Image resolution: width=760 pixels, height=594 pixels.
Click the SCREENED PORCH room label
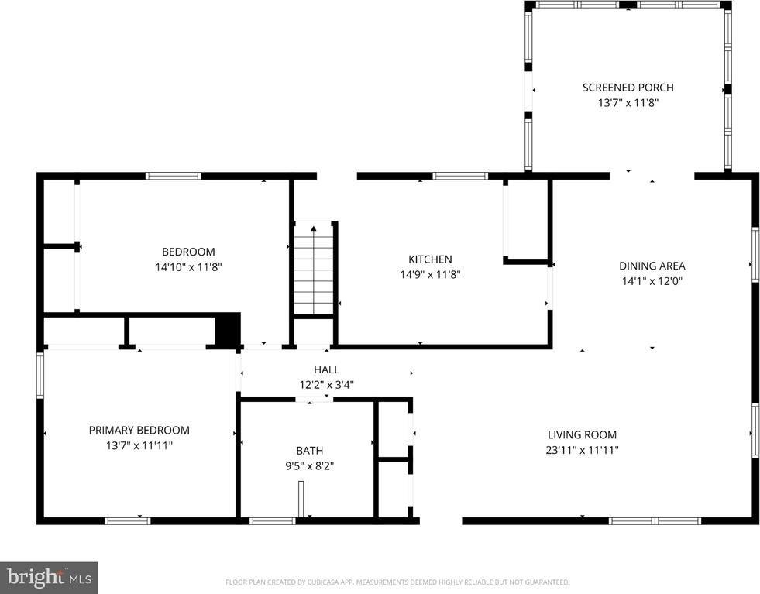[628, 88]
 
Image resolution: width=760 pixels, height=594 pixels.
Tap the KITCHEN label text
[430, 259]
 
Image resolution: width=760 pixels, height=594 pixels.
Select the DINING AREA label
[652, 266]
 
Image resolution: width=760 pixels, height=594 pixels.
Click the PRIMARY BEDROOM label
[139, 431]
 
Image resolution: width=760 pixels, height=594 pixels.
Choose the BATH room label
[309, 451]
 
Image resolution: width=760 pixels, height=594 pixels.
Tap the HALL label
[326, 369]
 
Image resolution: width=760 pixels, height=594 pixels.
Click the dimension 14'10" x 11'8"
[188, 267]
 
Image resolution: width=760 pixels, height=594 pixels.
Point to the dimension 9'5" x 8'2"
[309, 465]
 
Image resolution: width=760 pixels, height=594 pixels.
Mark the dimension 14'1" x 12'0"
[652, 281]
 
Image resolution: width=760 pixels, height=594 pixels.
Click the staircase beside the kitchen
[313, 267]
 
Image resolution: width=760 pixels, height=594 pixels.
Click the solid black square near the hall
[228, 328]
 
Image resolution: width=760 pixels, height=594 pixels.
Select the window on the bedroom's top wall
[174, 176]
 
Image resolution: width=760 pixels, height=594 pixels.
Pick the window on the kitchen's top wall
[460, 176]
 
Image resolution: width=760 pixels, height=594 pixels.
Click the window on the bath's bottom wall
[273, 520]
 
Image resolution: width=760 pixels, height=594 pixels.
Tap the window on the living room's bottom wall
[655, 520]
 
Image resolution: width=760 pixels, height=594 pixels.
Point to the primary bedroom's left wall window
[40, 375]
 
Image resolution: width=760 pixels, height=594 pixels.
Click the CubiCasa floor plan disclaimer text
[397, 582]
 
